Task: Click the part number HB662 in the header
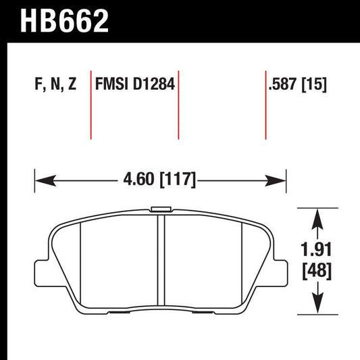[66, 21]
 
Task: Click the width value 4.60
[137, 180]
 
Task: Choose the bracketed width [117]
[177, 180]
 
